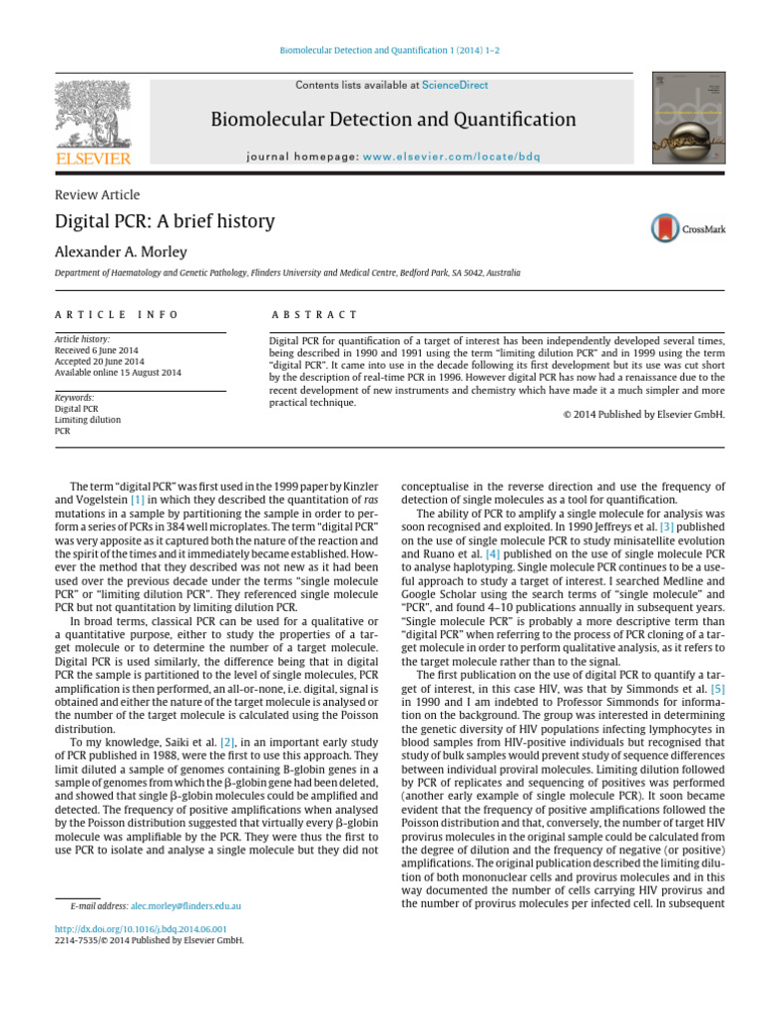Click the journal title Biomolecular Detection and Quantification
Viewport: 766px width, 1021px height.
pos(393,121)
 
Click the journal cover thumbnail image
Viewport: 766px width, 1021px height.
pos(688,118)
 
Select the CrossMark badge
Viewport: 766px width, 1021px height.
pos(688,228)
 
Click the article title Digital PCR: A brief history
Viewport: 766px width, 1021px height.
pos(165,221)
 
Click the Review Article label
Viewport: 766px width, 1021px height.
pos(97,194)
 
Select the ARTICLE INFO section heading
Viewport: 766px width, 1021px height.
pos(117,315)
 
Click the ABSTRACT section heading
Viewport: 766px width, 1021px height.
pos(314,315)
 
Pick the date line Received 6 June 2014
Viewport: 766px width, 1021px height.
pos(99,350)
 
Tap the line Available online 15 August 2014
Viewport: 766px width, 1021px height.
pos(118,372)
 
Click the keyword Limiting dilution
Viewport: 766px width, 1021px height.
pos(87,420)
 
